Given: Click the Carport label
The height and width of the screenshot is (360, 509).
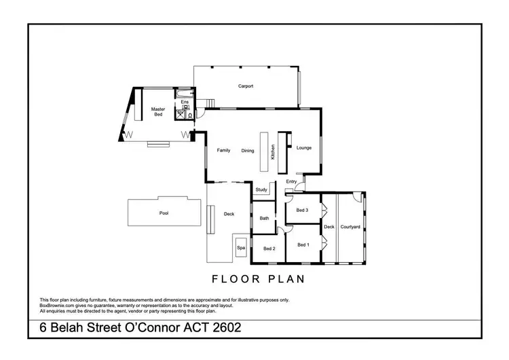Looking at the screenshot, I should [245, 86].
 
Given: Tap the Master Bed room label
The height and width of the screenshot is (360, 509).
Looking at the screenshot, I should [158, 111].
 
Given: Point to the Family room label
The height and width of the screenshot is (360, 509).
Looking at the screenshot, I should [224, 150].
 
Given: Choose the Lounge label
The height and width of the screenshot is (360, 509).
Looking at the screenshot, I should [303, 147].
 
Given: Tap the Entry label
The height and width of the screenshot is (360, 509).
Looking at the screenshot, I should [291, 181].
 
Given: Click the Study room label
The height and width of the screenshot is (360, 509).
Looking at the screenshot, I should [261, 190].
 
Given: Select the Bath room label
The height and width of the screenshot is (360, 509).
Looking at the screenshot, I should [264, 218].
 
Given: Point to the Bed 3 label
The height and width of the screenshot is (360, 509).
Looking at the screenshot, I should [302, 211].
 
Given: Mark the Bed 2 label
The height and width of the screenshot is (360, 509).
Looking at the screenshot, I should [269, 249].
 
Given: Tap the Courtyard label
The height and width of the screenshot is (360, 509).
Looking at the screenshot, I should [350, 227].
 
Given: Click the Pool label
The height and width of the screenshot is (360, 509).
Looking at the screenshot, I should [164, 213].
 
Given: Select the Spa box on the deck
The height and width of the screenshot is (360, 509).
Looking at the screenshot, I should [240, 249].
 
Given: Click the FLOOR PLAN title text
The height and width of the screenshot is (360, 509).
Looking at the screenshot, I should [258, 278].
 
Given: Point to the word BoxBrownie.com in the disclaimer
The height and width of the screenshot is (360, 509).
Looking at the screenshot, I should [59, 305].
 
